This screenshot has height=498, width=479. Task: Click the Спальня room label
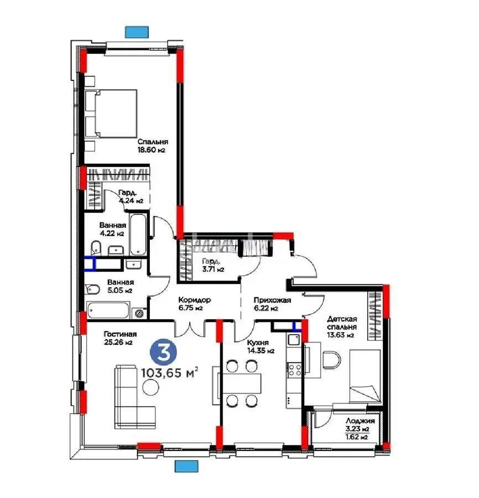153,141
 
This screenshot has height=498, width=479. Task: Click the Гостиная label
120,334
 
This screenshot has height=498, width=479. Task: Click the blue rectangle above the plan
136,32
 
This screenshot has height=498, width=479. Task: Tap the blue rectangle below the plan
186,466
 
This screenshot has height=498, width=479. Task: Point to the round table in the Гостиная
149,389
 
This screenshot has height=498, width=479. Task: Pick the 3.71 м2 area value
212,269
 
